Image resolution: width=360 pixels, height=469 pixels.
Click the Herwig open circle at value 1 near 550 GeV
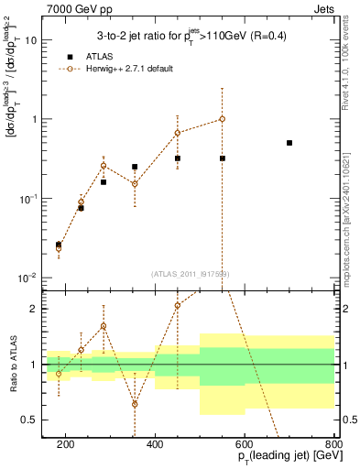click(x=222, y=119)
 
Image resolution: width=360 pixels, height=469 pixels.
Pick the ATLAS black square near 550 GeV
click(x=222, y=158)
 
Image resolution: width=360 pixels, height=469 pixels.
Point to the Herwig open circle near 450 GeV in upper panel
click(x=177, y=133)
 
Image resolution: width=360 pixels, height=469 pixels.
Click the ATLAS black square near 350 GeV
click(x=135, y=168)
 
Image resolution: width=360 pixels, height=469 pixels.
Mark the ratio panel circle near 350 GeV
click(x=135, y=404)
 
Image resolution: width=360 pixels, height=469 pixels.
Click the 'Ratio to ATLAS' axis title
click(x=11, y=364)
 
